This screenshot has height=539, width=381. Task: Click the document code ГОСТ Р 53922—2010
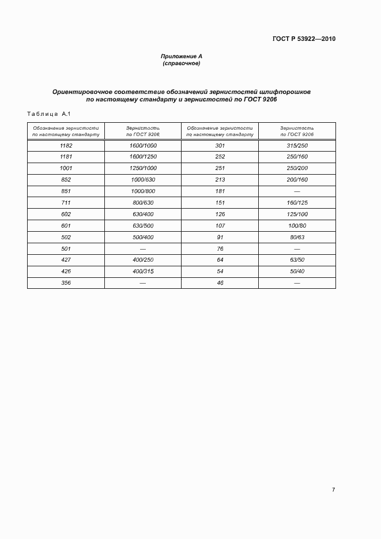(304, 39)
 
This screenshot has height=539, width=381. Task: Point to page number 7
(333, 489)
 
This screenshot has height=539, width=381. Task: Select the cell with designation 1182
(66, 146)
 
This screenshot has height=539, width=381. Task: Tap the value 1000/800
(143, 191)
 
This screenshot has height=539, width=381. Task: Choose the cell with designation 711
(66, 202)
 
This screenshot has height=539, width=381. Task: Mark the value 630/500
(143, 225)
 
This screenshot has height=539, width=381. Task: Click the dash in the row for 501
(143, 248)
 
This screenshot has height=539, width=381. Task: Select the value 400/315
(143, 272)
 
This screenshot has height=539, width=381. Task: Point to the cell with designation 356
(66, 283)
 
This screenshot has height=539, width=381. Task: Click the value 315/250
(297, 146)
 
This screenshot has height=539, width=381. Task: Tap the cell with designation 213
(220, 179)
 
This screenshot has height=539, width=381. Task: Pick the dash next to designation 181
(297, 191)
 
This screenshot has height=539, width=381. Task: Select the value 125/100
(297, 214)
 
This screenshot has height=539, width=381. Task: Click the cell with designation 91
(220, 237)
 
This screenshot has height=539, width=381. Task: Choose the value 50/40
(297, 272)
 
